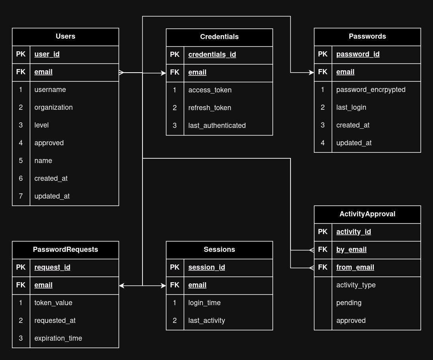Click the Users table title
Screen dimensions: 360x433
pos(66,36)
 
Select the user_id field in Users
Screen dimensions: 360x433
pos(47,54)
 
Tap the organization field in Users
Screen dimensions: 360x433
pos(53,107)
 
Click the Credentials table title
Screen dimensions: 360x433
pos(219,37)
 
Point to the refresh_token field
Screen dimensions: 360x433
pos(210,108)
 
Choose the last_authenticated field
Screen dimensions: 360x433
pos(217,126)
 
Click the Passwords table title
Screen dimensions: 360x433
pos(367,36)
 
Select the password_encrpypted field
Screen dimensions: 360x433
pos(371,90)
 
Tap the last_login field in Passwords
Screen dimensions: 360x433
pos(351,107)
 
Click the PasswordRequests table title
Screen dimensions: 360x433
pos(66,249)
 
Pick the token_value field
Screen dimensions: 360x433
pos(53,303)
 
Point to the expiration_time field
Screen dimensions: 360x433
pos(58,338)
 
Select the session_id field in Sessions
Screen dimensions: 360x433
pos(206,267)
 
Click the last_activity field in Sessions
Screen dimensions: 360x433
pos(206,321)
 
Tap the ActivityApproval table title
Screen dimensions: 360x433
pos(367,214)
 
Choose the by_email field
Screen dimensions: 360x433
pos(351,249)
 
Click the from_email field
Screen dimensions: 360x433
pos(355,267)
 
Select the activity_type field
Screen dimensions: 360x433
pos(356,285)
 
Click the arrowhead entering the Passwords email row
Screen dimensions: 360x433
pos(311,73)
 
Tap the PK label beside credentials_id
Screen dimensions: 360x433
pos(175,54)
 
